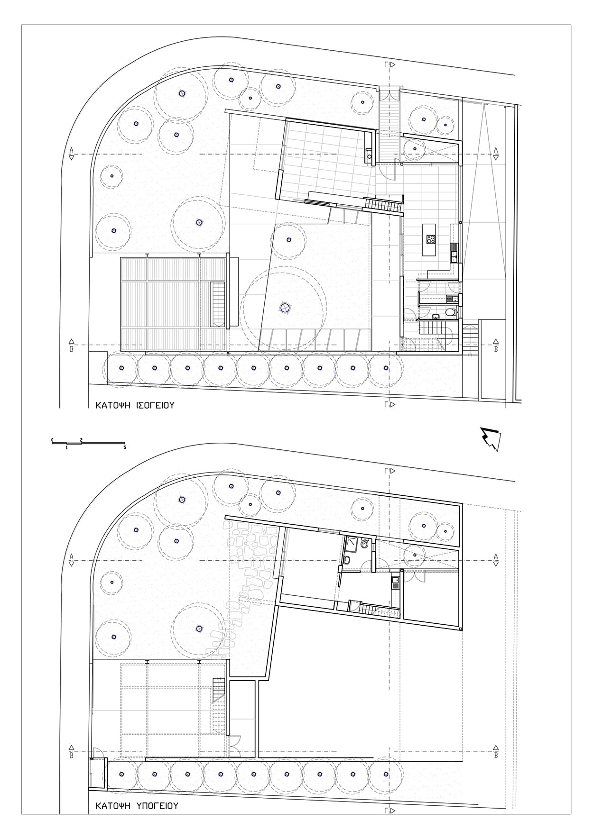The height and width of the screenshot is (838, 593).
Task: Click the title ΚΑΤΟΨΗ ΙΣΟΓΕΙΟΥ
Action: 135,405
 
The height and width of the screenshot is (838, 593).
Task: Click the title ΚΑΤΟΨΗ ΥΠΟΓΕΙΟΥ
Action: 137,806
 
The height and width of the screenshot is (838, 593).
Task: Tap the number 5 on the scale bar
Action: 125,447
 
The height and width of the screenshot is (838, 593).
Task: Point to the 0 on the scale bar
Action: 52,440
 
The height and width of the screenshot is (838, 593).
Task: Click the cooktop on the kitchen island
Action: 431,239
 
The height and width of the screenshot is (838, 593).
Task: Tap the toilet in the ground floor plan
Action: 451,312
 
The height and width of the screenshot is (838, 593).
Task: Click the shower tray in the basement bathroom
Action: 352,544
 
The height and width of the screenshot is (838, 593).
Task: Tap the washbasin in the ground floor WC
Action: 435,316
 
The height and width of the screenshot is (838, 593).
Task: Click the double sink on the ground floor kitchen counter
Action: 454,251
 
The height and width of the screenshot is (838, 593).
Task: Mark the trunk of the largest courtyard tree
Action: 284,309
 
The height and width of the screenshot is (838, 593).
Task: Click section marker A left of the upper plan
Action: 71,154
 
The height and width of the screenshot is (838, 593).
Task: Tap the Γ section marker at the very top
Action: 389,65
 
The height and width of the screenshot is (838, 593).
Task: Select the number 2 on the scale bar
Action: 82,440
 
